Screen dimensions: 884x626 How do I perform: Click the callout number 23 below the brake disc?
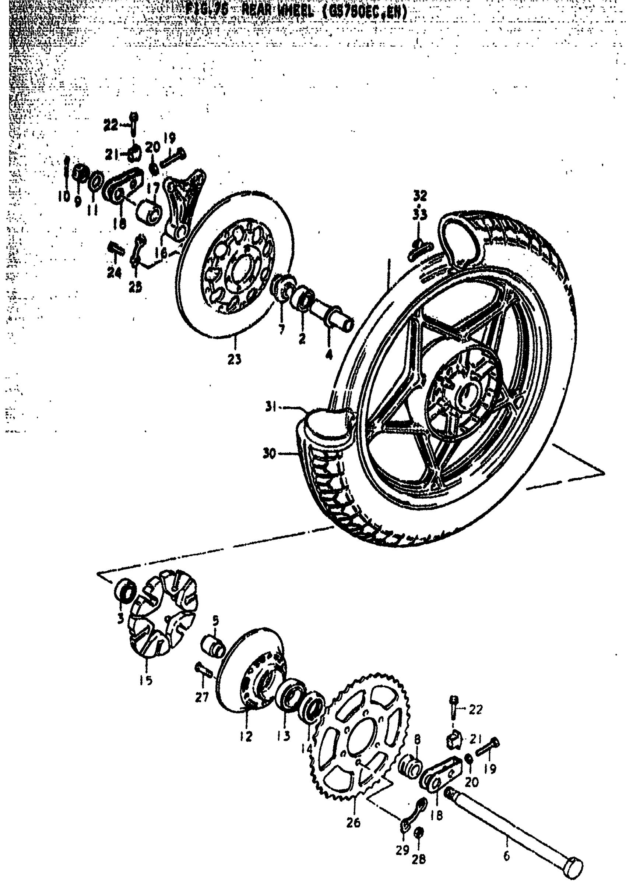tap(234, 358)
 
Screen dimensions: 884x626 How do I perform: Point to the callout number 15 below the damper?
tap(146, 680)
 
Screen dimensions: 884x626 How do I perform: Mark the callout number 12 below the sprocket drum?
tap(246, 736)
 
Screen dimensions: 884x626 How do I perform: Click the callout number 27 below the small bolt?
tap(201, 696)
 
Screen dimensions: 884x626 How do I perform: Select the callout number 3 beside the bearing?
tap(121, 619)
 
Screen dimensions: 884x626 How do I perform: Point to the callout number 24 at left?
tap(115, 273)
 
